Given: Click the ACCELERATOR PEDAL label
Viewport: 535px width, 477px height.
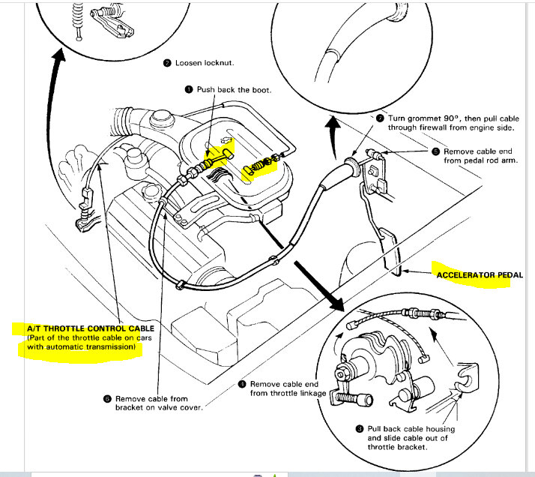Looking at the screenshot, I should click(x=480, y=275).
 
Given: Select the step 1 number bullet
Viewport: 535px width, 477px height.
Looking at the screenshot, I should click(x=190, y=89).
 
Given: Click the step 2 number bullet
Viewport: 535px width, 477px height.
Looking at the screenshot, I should click(x=167, y=63).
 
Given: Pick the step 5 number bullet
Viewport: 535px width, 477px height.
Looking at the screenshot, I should click(x=436, y=151).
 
